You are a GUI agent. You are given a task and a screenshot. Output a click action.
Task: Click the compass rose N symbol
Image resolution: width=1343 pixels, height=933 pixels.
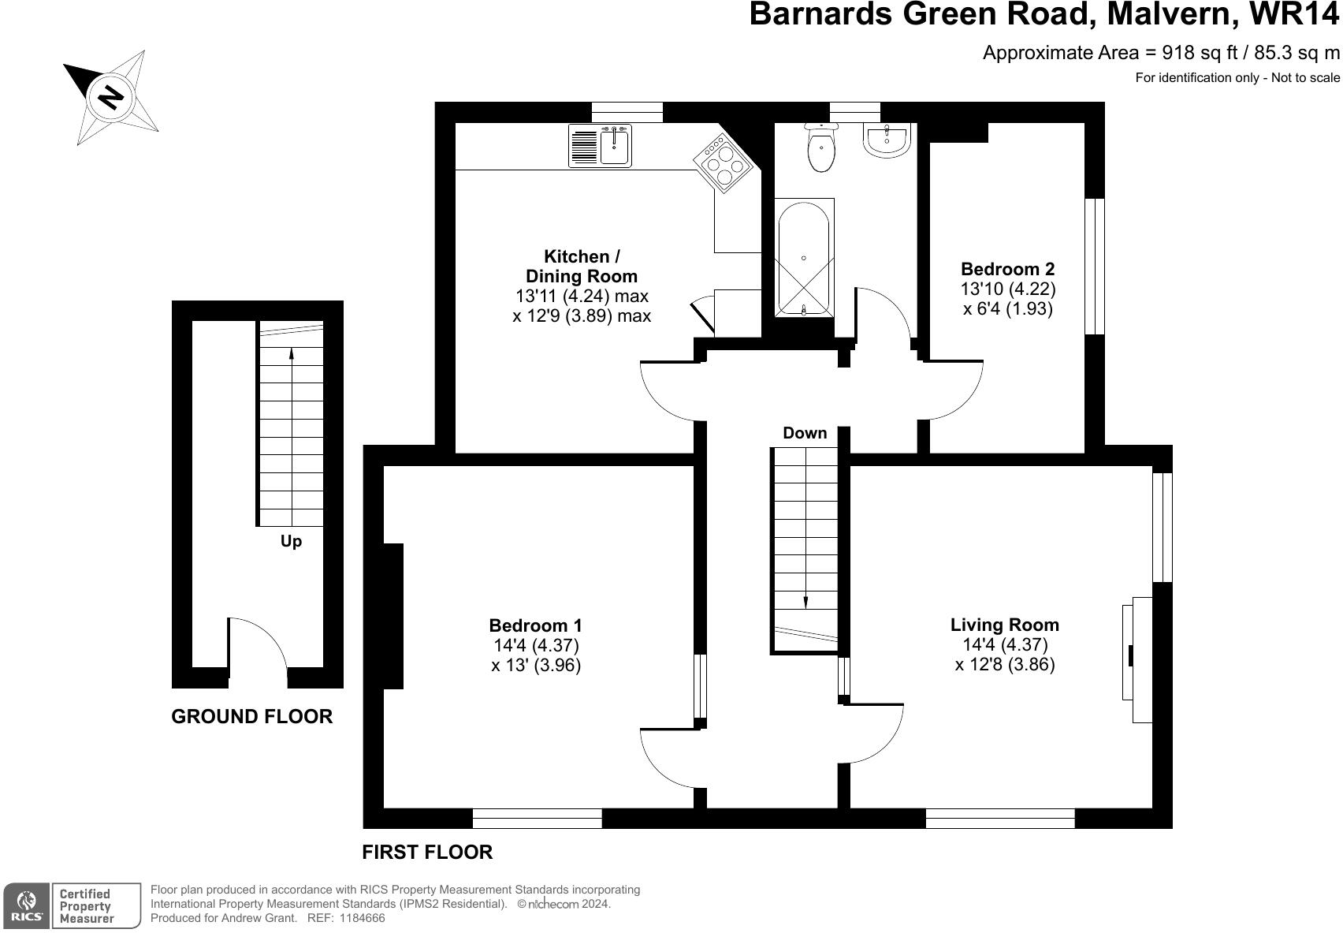[110, 97]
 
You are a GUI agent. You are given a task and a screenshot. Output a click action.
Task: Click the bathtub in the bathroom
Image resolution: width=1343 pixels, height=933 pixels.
[804, 257]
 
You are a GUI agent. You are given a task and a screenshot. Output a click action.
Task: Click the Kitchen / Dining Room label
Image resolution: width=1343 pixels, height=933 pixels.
[582, 267]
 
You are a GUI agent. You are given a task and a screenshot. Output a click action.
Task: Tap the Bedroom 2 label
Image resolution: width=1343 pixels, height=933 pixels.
[1007, 269]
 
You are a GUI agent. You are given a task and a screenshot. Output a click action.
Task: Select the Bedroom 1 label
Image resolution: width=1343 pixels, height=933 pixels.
[536, 625]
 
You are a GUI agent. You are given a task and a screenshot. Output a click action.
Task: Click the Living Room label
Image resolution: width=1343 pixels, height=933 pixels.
[1004, 625]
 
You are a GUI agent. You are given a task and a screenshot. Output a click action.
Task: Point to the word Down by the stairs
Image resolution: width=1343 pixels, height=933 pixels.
[805, 433]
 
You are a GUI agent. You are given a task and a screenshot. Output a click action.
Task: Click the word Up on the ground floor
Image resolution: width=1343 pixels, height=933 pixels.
[291, 542]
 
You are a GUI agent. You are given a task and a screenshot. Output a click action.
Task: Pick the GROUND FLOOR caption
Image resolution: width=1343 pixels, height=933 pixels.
[252, 716]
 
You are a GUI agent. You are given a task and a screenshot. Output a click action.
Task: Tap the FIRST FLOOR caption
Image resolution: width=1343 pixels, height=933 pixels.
[427, 852]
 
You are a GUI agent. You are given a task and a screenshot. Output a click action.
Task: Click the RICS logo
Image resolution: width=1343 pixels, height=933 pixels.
[27, 906]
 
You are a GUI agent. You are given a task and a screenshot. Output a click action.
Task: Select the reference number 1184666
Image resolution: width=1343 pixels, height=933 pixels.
[362, 918]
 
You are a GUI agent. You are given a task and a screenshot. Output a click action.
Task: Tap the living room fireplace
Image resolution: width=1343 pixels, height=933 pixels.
[1137, 658]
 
